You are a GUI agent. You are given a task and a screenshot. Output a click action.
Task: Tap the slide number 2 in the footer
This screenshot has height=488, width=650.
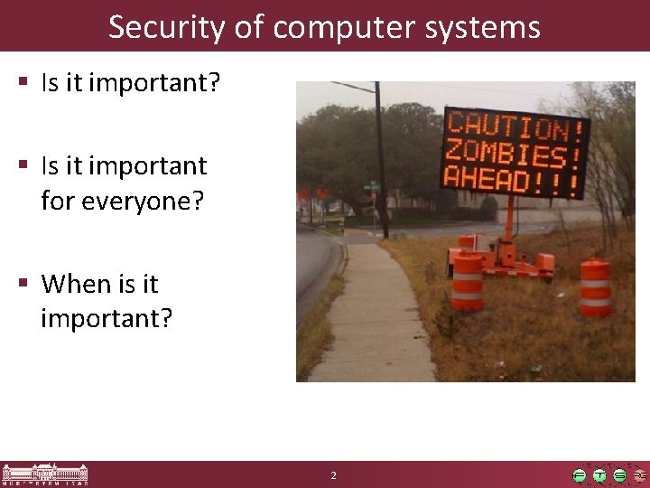pos(333,475)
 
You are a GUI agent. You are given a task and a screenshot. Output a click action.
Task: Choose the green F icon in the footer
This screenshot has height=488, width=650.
pos(580,475)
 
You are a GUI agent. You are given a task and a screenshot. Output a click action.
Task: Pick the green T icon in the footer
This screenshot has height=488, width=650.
pos(599,475)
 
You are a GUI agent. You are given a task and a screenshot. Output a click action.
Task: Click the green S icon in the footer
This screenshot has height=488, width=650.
pos(619,475)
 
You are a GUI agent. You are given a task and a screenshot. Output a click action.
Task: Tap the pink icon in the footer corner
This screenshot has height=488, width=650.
pos(639,475)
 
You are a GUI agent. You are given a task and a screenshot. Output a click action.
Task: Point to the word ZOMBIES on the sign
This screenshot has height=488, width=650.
pos(512,152)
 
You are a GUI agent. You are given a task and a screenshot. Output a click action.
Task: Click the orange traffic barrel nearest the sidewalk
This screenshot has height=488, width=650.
pos(468,281)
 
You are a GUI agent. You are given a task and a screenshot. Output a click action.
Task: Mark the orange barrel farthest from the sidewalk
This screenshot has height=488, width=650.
pos(596,287)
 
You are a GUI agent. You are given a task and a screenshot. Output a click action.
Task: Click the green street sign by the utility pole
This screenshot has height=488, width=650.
pos(371,186)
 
